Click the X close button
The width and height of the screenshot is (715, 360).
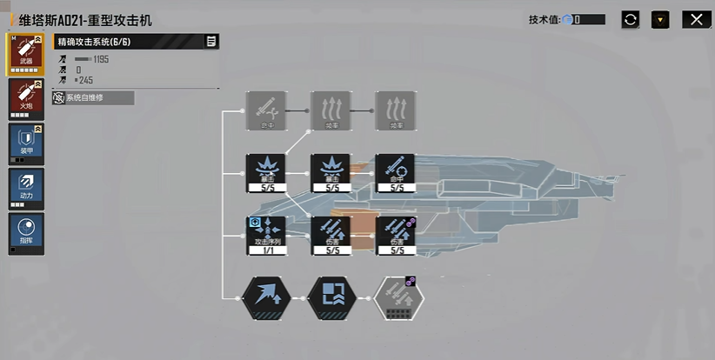point(694,19)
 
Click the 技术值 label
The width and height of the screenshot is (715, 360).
point(545,19)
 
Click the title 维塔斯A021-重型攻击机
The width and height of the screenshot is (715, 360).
point(84,19)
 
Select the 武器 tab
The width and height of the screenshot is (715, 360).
point(27,55)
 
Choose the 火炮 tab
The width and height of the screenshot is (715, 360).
point(27,98)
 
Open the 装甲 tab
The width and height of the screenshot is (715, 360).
point(27,143)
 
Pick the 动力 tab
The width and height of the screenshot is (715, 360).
point(27,188)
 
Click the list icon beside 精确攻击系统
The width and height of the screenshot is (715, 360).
point(211,42)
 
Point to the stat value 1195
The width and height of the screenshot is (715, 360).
point(100,59)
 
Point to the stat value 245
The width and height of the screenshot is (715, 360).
point(86,80)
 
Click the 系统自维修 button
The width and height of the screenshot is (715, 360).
point(93,98)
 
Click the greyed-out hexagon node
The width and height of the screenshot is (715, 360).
point(398,298)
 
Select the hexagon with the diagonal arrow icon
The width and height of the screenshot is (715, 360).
point(267,298)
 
